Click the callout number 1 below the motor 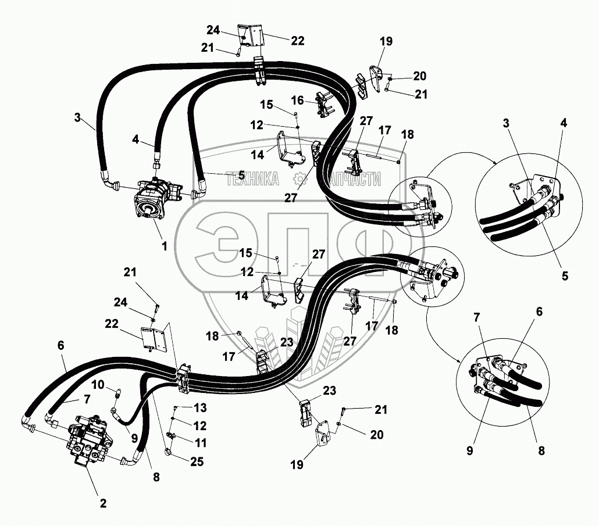click(x=165, y=246)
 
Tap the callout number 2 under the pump click(x=103, y=503)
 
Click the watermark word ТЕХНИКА click(x=252, y=180)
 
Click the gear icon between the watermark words click(x=299, y=179)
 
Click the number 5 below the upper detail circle click(x=565, y=276)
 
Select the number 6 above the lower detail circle click(x=539, y=312)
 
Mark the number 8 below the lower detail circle click(x=541, y=450)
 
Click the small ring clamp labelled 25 click(x=167, y=449)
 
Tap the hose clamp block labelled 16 click(x=325, y=105)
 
